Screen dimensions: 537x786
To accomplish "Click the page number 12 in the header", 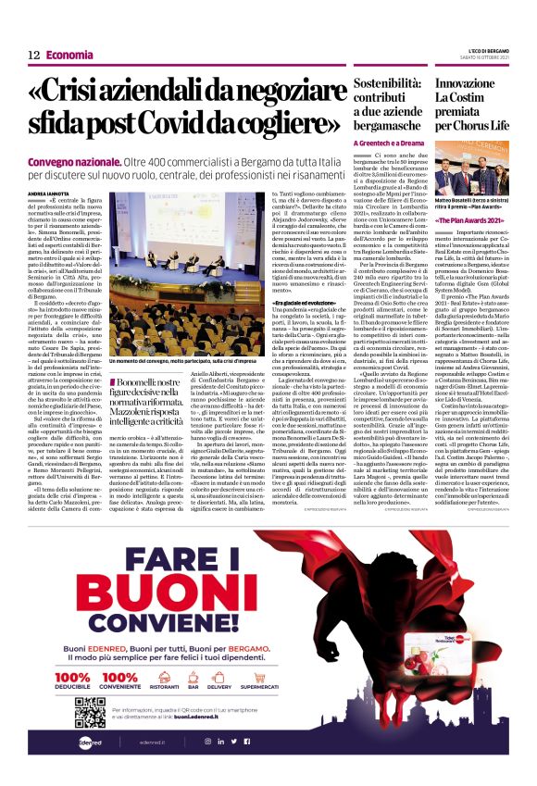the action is (x=33, y=56).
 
